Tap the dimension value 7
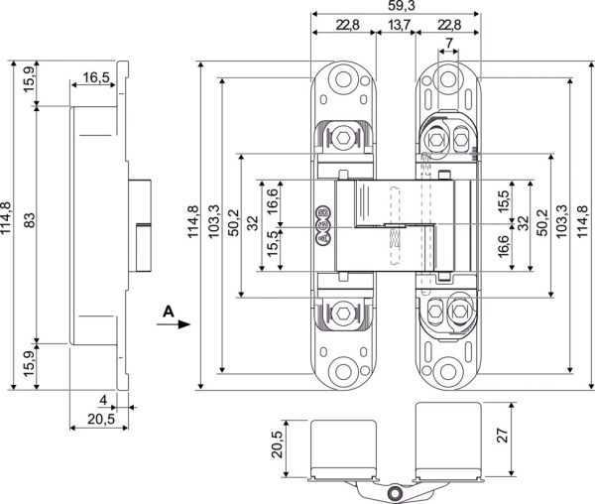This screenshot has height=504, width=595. pyautogui.click(x=449, y=43)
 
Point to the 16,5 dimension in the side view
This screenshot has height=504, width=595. pyautogui.click(x=96, y=77)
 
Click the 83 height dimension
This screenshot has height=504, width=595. pyautogui.click(x=30, y=219)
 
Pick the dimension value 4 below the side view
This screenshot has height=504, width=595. pyautogui.click(x=103, y=400)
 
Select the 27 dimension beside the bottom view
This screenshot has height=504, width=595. pyautogui.click(x=502, y=435)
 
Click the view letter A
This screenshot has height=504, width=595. pyautogui.click(x=169, y=312)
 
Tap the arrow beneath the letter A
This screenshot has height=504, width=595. pyautogui.click(x=174, y=324)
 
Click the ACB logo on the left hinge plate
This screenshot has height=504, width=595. pyautogui.click(x=323, y=225)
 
